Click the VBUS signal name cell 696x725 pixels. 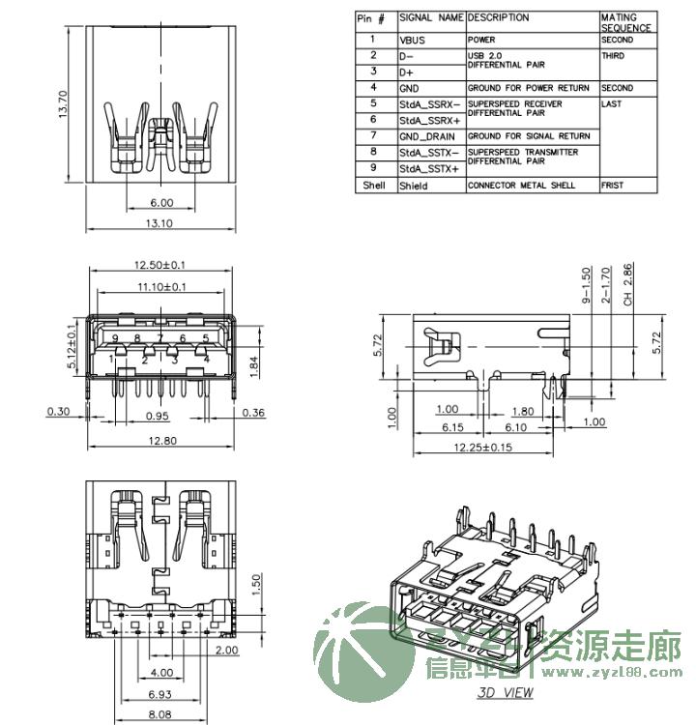pos(413,42)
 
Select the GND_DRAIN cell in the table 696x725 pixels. pos(426,136)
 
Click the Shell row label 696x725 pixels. pos(374,186)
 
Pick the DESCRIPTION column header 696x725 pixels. pos(499,17)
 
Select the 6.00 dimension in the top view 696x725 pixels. pos(160,203)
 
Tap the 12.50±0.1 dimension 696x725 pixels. pos(160,265)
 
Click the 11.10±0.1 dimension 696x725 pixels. pos(160,287)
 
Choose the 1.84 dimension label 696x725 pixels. pos(252,365)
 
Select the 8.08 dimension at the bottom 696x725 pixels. pos(160,716)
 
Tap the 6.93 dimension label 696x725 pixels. pos(160,695)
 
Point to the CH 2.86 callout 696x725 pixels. pos(627,285)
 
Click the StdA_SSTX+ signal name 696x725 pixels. pos(429,169)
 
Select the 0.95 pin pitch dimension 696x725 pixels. pos(158,416)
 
